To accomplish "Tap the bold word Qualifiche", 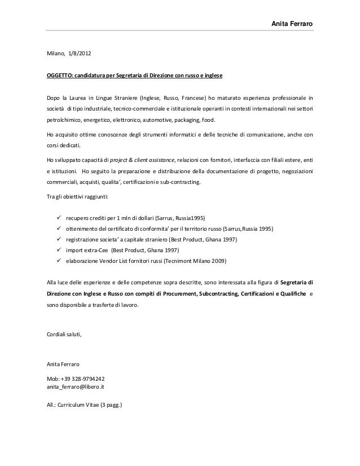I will (x=291, y=293).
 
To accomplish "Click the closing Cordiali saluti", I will (x=63, y=335).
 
